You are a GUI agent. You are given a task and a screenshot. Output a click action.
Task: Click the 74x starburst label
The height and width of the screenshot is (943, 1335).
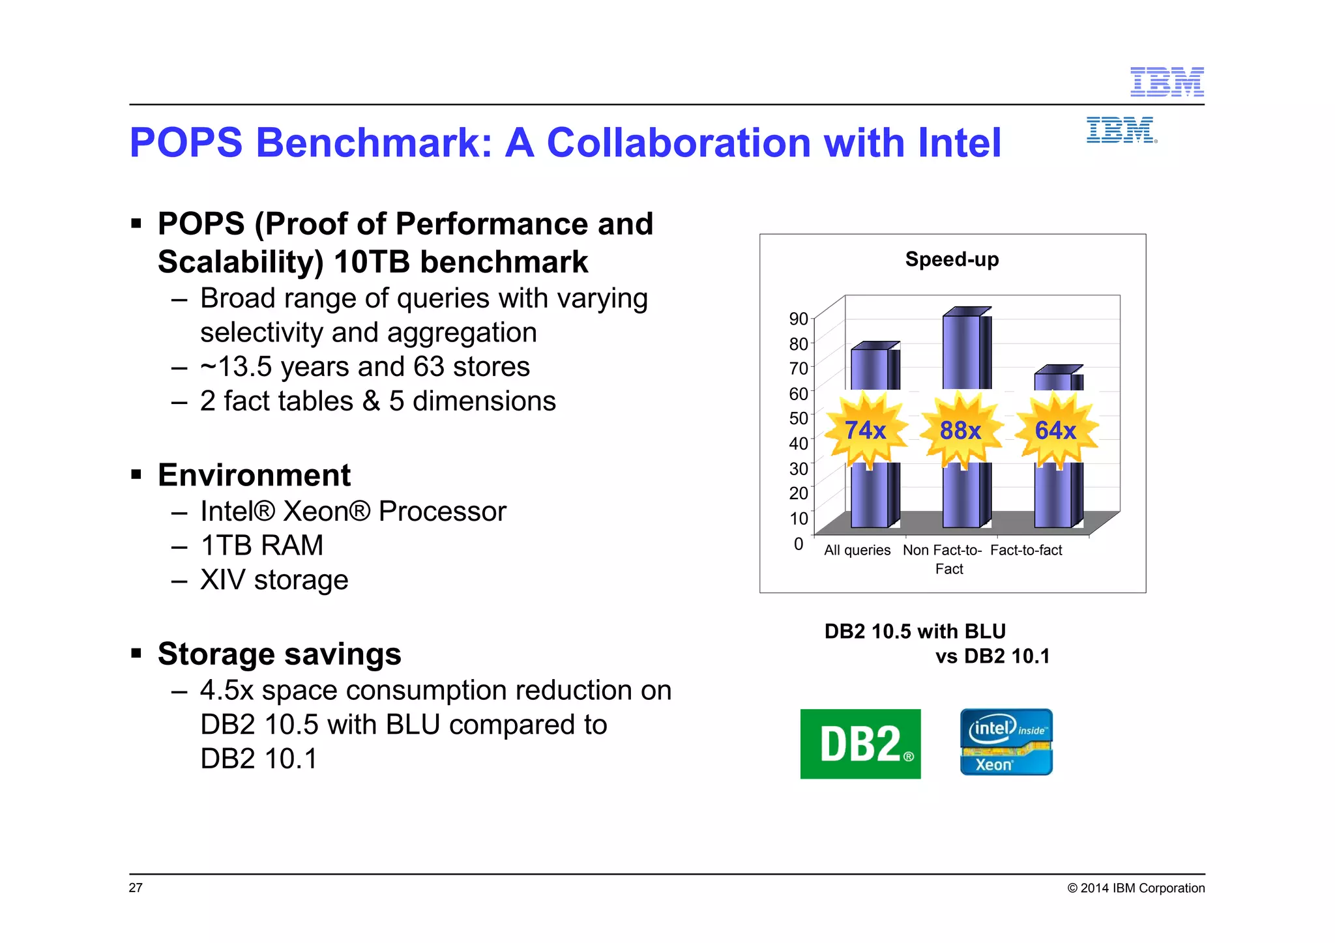(865, 430)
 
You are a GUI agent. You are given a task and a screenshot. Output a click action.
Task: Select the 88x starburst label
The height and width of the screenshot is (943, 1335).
(960, 430)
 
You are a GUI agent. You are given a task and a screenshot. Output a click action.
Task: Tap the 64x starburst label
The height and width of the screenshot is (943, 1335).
(1055, 430)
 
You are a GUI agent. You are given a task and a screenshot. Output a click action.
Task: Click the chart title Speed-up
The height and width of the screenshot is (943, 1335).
(952, 259)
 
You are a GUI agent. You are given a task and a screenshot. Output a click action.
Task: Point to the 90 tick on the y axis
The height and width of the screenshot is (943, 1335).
(799, 319)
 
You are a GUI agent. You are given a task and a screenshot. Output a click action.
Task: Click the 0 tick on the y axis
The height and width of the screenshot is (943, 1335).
(799, 544)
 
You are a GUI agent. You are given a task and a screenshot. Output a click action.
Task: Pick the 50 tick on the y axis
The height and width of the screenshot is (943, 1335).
(799, 418)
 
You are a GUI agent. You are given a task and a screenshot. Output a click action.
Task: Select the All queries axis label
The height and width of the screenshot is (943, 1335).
(857, 550)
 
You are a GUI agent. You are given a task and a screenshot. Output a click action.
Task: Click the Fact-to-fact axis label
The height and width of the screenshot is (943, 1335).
(1026, 550)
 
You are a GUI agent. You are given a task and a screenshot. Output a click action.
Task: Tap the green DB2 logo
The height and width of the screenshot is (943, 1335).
(860, 744)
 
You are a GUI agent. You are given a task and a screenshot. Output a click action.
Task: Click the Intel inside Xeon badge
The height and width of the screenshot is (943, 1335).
(1006, 742)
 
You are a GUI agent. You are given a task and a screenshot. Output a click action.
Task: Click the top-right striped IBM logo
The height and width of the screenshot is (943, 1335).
(1167, 82)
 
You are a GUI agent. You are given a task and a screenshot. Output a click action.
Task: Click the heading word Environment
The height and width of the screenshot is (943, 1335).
(254, 475)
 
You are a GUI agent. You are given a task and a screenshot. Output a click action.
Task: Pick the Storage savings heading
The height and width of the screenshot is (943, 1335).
(279, 654)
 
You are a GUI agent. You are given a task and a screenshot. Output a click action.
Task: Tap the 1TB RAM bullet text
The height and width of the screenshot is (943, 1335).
(262, 545)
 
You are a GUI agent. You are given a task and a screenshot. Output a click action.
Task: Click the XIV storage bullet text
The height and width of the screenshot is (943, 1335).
(274, 580)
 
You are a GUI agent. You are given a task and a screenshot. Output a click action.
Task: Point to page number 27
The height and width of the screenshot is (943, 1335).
(136, 888)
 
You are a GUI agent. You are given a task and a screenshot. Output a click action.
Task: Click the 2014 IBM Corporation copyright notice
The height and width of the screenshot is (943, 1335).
(1136, 888)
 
